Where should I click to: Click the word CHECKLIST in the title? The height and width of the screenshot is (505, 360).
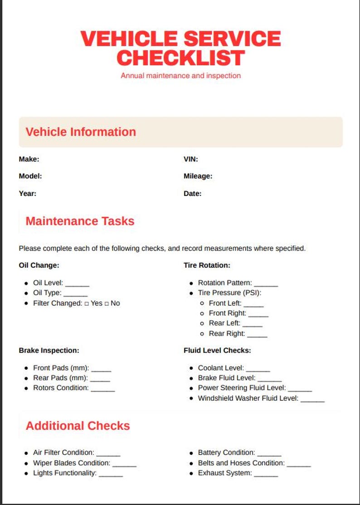(180, 58)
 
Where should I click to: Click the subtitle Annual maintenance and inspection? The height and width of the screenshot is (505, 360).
(180, 76)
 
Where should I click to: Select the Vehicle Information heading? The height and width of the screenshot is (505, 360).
(81, 132)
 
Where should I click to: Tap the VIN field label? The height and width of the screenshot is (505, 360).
(190, 159)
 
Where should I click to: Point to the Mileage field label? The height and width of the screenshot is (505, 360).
(198, 176)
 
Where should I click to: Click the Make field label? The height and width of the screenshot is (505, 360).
(29, 159)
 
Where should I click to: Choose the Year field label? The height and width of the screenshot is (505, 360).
(28, 193)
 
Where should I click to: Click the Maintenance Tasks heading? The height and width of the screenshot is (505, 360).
(80, 221)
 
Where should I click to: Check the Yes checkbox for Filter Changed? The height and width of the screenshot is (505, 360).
(87, 304)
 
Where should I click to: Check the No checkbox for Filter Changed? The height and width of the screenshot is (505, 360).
(107, 304)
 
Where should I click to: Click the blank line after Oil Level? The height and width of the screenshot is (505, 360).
(78, 284)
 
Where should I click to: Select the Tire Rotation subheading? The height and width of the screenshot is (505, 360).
(207, 265)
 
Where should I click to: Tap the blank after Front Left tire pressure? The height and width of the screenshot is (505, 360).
(253, 305)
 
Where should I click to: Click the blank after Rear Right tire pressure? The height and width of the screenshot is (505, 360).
(257, 335)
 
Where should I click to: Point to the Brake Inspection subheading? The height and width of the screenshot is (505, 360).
(49, 350)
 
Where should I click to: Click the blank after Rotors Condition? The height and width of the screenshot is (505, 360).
(103, 389)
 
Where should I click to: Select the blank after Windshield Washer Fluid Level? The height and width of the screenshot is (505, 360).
(312, 400)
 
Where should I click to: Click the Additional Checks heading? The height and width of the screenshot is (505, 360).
(78, 426)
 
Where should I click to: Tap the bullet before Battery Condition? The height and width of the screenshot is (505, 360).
(192, 453)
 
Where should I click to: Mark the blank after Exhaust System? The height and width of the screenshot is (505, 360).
(266, 475)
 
